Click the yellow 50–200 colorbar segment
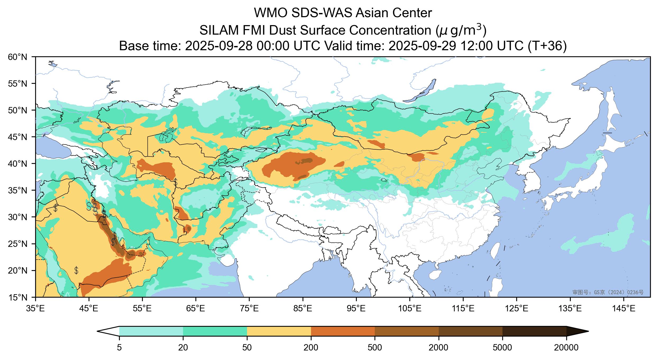tap(279, 331)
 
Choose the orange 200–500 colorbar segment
tap(343, 331)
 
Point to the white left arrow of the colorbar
tap(108, 331)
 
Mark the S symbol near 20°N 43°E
tap(76, 270)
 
